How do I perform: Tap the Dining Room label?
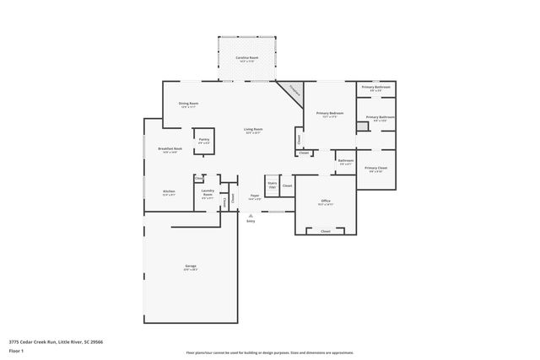[187, 105]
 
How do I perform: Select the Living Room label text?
[253, 131]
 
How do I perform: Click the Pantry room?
[203, 141]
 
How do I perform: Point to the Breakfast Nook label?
[170, 150]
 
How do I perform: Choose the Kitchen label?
[169, 192]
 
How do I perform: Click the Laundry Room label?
[207, 192]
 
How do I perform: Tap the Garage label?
[191, 267]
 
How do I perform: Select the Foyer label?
[254, 197]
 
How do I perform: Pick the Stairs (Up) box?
[272, 185]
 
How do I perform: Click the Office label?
[325, 202]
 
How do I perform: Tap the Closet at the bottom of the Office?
[325, 230]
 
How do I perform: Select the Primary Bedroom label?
[329, 115]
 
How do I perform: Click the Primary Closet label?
[376, 169]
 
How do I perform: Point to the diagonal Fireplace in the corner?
[292, 91]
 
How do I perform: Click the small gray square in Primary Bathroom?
[361, 126]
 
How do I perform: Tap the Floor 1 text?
[15, 350]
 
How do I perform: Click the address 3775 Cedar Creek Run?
[56, 342]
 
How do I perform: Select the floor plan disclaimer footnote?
[269, 352]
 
